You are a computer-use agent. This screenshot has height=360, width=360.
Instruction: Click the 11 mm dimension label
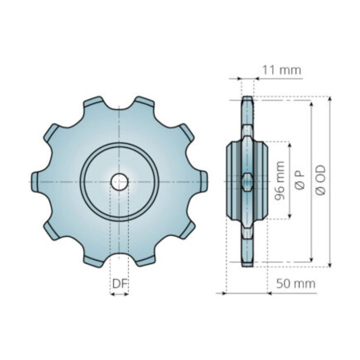click(281, 70)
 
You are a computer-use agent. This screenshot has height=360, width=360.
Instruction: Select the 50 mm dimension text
click(296, 284)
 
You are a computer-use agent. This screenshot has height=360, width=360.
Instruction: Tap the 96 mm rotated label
click(280, 180)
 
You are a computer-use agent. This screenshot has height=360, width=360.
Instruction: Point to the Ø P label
click(300, 180)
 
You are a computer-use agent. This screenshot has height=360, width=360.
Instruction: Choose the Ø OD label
click(321, 180)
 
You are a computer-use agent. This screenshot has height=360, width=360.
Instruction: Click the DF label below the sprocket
click(120, 284)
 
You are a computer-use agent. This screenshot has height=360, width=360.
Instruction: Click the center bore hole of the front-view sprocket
click(120, 182)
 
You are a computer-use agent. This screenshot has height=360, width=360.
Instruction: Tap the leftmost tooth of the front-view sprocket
click(35, 182)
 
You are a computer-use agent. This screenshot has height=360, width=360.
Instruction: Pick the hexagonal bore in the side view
click(247, 182)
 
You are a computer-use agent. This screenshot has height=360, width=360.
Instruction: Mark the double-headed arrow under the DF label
click(120, 294)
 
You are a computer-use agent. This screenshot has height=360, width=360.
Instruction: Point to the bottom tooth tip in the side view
click(247, 264)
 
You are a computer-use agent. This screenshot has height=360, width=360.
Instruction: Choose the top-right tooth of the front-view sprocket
click(144, 102)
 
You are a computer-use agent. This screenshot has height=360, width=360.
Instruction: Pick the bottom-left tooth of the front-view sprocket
click(94, 261)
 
